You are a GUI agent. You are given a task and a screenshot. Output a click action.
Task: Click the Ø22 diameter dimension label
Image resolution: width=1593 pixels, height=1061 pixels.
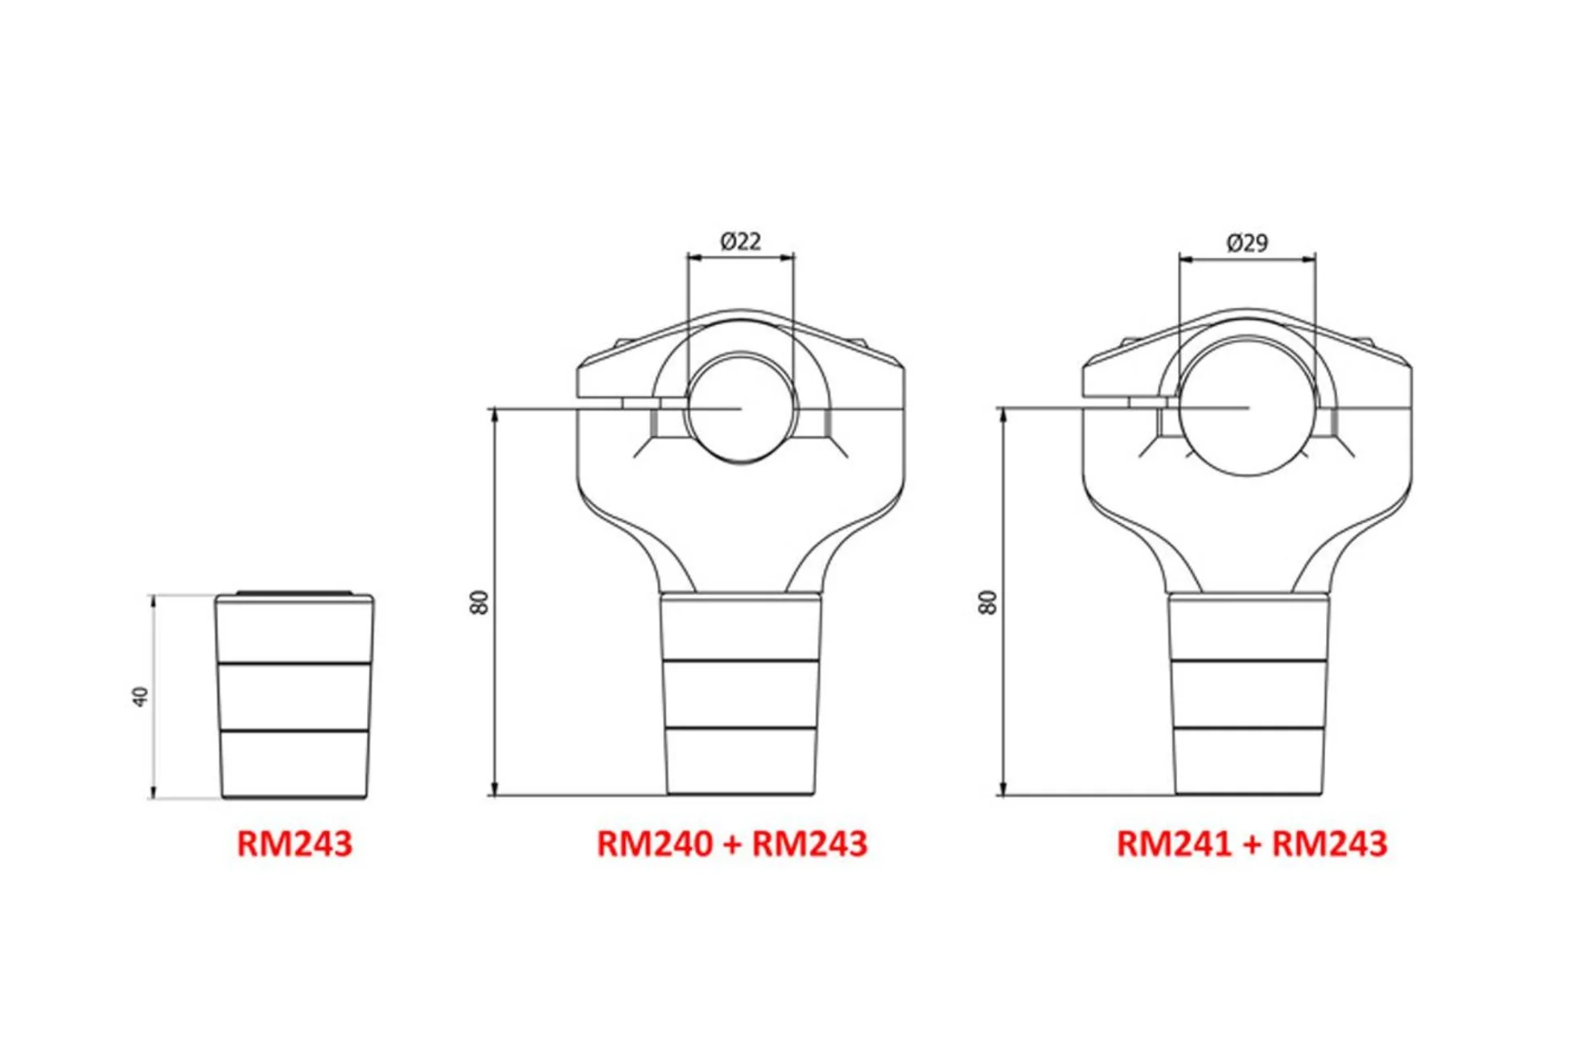click(x=740, y=241)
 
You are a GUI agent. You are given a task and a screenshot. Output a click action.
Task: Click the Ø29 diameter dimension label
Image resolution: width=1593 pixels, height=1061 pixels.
click(x=1247, y=243)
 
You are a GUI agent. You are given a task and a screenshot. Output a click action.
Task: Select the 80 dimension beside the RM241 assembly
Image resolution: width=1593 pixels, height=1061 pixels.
click(x=988, y=602)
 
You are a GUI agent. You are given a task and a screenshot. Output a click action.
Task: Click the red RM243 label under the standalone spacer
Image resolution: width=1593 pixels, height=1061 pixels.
click(x=294, y=844)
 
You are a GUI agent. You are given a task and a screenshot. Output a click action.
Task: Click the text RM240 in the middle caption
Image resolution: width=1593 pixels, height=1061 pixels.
click(x=654, y=844)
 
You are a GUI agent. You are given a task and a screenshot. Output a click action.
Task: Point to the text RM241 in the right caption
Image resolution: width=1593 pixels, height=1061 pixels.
click(x=1174, y=844)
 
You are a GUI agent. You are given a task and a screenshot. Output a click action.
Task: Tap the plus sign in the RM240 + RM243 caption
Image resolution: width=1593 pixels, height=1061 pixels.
click(x=732, y=845)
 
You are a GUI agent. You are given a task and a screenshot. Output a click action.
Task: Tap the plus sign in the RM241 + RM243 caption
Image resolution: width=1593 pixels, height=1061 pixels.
click(x=1252, y=845)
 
